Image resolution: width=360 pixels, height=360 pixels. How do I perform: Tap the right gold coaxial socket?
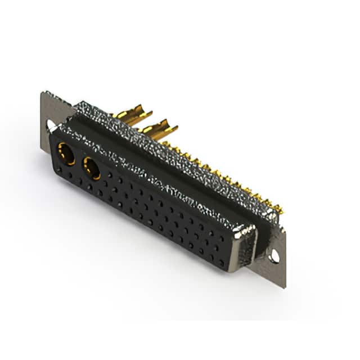coord(91,168)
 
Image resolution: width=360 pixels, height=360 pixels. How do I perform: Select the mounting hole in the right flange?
coord(274,256)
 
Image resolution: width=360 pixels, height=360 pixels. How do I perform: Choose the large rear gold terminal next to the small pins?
coord(160,129)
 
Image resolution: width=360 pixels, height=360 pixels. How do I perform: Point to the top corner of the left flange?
coord(43,93)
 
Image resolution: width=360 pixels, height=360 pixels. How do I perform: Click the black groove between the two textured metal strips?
coord(169,163)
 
